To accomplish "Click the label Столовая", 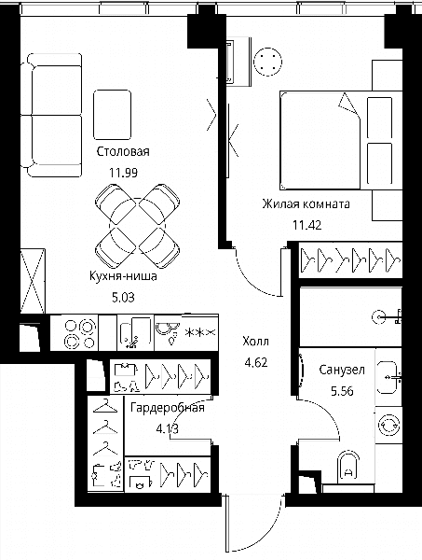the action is coord(123,151).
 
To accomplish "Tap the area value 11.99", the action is coord(123,173).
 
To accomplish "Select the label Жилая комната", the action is coord(306,204).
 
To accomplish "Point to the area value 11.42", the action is coord(306,225).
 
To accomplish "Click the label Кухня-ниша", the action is coord(123,276).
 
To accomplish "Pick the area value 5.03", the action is coord(123,298).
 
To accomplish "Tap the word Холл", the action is coord(255,342).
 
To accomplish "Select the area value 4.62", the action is coord(256,363).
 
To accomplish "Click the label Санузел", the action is coord(342,370).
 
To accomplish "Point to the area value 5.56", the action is coord(342,391).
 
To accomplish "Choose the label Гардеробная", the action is coord(168,408).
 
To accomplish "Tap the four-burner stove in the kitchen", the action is coord(80,333).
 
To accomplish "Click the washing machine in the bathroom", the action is coord(388,425).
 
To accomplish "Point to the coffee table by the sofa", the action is coord(113,115).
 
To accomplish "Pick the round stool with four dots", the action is coord(267,62).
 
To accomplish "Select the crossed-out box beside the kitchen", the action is coord(33,282).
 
